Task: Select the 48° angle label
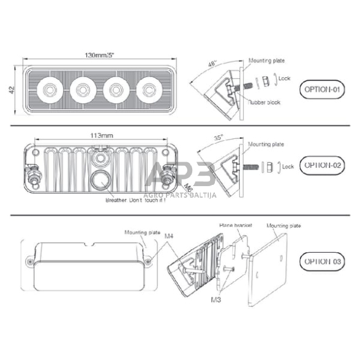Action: (212, 64)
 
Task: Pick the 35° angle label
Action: (219, 138)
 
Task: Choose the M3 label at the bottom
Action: (215, 301)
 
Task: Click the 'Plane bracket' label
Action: (236, 225)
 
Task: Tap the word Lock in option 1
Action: (284, 78)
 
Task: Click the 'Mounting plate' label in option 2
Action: (266, 144)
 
